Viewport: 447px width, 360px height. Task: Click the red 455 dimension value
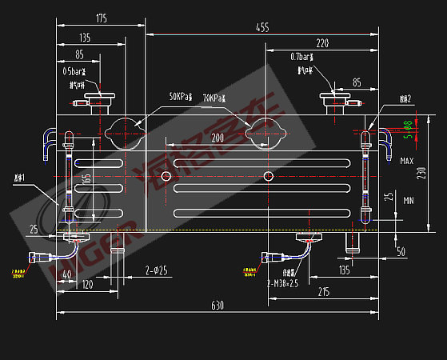coord(261,27)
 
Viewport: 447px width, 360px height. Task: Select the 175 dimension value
coord(101,18)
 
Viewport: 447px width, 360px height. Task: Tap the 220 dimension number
coord(322,42)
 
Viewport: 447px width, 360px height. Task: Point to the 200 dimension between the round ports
coord(217,138)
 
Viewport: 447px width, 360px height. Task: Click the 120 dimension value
coord(87,284)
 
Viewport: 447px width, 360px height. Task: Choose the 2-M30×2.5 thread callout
coord(282,282)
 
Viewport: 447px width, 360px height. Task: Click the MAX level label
coord(407,161)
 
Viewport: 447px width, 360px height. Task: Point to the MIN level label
coord(409,200)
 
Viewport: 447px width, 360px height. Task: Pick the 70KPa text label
coord(214,98)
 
